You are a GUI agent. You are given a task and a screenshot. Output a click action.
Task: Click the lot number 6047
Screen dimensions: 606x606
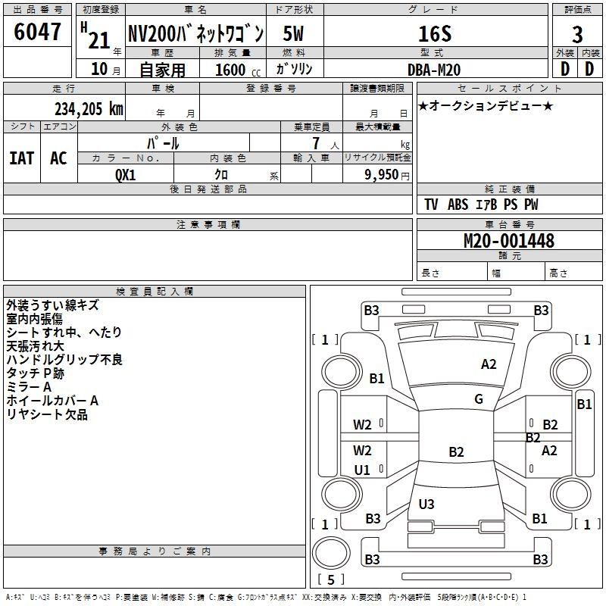38,33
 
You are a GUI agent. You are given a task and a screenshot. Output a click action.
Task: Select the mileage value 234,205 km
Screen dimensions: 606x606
89,109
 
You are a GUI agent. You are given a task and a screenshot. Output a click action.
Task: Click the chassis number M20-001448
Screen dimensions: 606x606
508,242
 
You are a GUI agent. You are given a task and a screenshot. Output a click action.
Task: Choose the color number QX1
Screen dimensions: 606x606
126,173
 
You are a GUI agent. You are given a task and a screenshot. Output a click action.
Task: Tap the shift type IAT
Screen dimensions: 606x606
21,158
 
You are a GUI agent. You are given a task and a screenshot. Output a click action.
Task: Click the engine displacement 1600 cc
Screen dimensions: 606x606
231,70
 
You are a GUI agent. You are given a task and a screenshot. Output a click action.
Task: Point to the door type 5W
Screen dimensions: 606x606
294,34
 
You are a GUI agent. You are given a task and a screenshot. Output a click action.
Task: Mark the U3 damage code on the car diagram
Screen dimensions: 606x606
426,504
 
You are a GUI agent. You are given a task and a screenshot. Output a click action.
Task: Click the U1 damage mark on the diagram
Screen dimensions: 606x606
362,470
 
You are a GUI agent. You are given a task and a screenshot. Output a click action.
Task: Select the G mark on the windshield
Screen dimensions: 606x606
479,399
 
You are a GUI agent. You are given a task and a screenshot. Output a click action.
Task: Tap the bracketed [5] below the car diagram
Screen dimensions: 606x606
330,579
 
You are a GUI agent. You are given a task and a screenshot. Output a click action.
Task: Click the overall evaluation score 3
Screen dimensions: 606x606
577,34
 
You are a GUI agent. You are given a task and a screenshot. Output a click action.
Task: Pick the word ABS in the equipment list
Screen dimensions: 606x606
458,205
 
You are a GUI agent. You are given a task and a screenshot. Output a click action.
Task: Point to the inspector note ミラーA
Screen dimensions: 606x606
29,387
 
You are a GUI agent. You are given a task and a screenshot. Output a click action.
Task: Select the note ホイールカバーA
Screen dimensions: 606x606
52,401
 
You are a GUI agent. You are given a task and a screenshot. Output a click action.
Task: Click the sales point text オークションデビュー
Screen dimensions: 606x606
486,106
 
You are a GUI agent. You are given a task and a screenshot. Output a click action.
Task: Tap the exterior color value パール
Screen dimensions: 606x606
163,143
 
